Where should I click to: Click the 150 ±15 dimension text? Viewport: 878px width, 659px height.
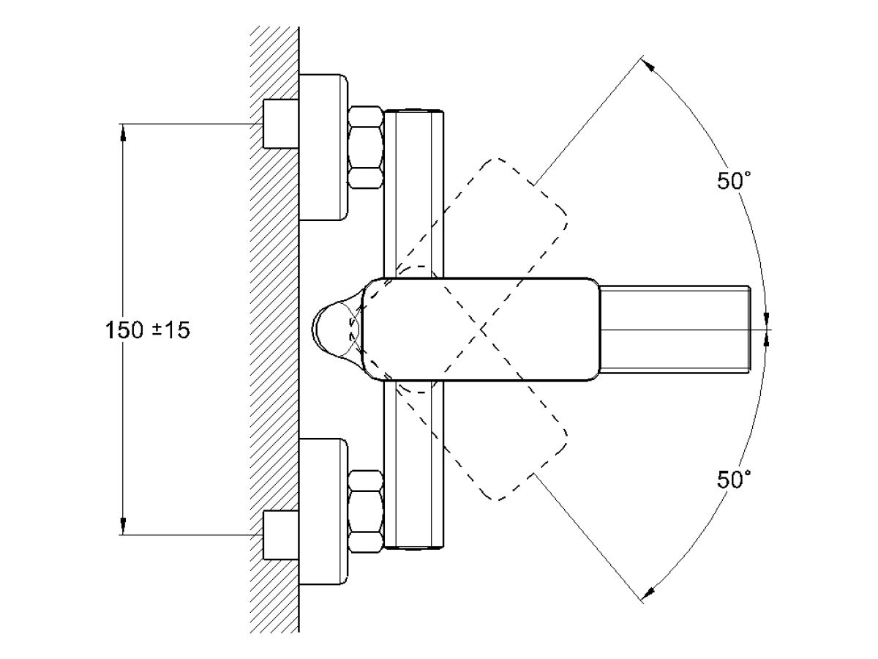point(147,330)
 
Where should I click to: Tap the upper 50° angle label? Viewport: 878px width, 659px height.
point(734,180)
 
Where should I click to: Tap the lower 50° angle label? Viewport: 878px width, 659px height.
point(734,479)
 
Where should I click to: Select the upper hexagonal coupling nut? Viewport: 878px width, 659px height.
point(366,147)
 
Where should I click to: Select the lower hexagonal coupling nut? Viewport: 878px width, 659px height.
point(366,512)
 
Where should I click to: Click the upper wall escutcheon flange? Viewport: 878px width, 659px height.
point(323,147)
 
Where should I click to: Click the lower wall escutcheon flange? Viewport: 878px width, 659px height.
point(323,512)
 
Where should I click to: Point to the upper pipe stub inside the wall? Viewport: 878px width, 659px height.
point(281,124)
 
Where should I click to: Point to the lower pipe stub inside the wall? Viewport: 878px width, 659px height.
point(281,535)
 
